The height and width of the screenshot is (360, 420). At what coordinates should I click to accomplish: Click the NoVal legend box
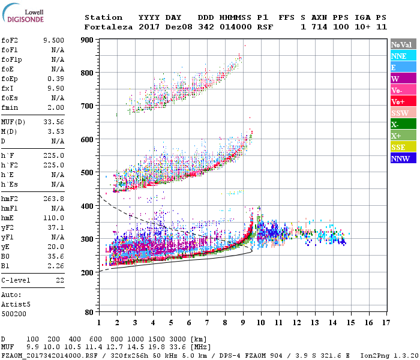click(x=402, y=44)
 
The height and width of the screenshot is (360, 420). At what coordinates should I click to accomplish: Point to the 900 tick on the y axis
click(x=88, y=40)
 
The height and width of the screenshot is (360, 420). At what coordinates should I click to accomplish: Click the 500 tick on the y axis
click(x=88, y=173)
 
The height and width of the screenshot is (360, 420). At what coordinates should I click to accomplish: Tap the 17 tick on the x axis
click(x=386, y=322)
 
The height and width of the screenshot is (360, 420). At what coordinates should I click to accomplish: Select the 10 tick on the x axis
click(x=260, y=322)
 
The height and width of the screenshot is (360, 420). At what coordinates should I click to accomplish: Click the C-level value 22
click(x=60, y=280)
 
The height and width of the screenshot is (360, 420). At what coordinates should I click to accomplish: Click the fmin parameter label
click(x=10, y=107)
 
